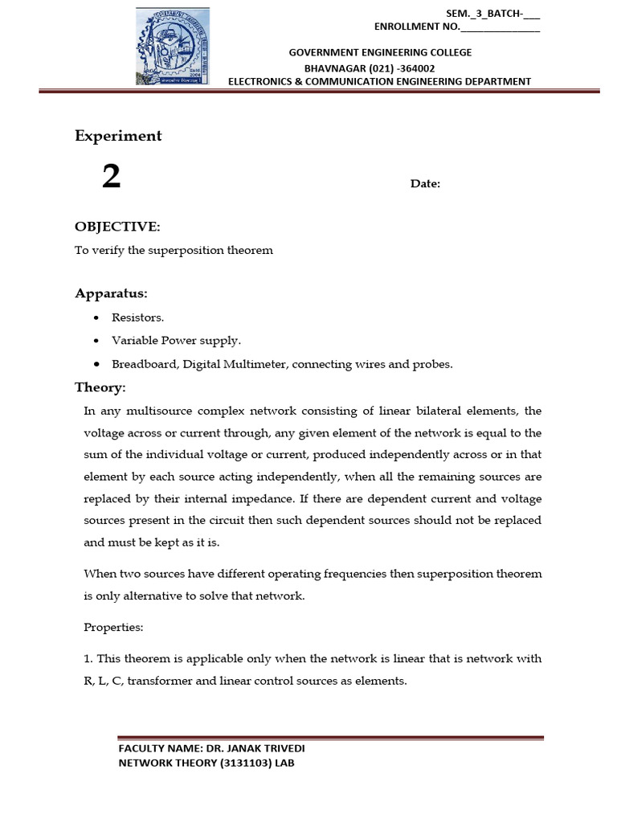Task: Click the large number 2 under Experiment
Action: point(111,176)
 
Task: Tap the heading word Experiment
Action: point(118,136)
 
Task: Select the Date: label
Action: point(425,184)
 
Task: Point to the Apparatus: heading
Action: point(111,293)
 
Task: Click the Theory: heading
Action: point(100,387)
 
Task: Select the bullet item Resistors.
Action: point(137,317)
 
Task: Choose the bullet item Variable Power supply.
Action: point(165,341)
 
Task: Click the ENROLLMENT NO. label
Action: point(417,27)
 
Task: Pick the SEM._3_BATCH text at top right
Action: point(482,13)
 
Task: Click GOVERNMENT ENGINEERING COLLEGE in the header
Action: point(380,52)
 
